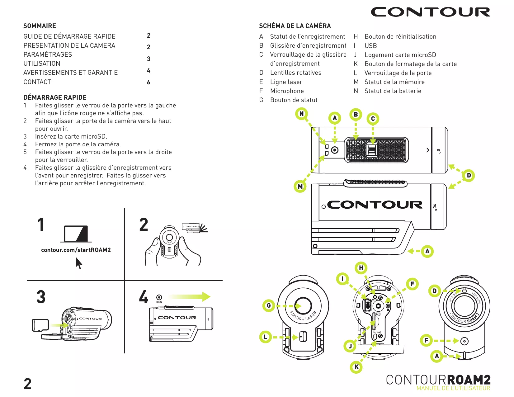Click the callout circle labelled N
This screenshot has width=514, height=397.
[x=301, y=114]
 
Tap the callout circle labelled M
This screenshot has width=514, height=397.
[x=300, y=187]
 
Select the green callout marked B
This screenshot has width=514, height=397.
[x=356, y=115]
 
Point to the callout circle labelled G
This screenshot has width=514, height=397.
[x=269, y=306]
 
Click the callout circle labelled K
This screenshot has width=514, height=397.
[x=356, y=367]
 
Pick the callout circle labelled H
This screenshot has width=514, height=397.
[x=361, y=268]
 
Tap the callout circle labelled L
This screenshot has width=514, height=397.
[x=266, y=337]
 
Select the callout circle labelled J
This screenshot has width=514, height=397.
[x=350, y=346]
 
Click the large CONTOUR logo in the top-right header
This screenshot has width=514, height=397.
[x=431, y=12]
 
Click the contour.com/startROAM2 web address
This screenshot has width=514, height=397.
[x=76, y=250]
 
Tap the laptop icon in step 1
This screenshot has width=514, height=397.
[x=76, y=234]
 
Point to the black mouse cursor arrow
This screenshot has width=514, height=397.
[x=79, y=263]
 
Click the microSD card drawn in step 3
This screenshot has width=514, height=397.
[x=40, y=325]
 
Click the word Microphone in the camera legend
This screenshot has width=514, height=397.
[x=287, y=91]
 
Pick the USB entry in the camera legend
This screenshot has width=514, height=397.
[x=370, y=46]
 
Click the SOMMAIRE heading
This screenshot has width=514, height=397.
[x=40, y=26]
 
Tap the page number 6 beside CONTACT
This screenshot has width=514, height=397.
[x=149, y=82]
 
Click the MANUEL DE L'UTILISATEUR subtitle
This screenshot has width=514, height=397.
[x=453, y=388]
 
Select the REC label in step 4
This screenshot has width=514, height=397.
[x=159, y=302]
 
